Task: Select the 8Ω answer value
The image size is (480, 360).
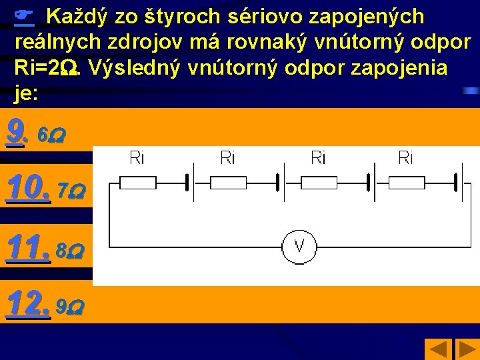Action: pos(70,252)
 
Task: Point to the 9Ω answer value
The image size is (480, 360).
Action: pos(70,308)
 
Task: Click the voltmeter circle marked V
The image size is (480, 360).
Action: pos(299,246)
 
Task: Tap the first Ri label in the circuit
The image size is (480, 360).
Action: pos(137,158)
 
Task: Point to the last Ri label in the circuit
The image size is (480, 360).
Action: pos(405,158)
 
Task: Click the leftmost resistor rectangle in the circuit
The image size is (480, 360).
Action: pos(137,183)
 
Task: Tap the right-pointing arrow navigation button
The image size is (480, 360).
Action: pos(464,349)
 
